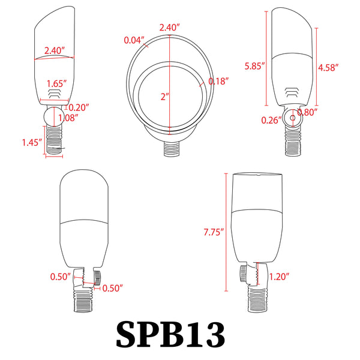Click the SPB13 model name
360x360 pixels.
pyautogui.click(x=170, y=334)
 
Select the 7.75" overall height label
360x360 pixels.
pyautogui.click(x=214, y=232)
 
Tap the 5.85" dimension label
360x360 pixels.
pyautogui.click(x=254, y=66)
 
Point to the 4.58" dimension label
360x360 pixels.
pyautogui.click(x=328, y=67)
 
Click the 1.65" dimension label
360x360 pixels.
pyautogui.click(x=57, y=83)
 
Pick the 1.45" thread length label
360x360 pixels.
pyautogui.click(x=32, y=142)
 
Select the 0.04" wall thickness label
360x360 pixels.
pyautogui.click(x=134, y=40)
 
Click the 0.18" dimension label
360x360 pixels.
pyautogui.click(x=218, y=81)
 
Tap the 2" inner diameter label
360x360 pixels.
pyautogui.click(x=165, y=97)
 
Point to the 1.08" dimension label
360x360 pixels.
pyautogui.click(x=68, y=118)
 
